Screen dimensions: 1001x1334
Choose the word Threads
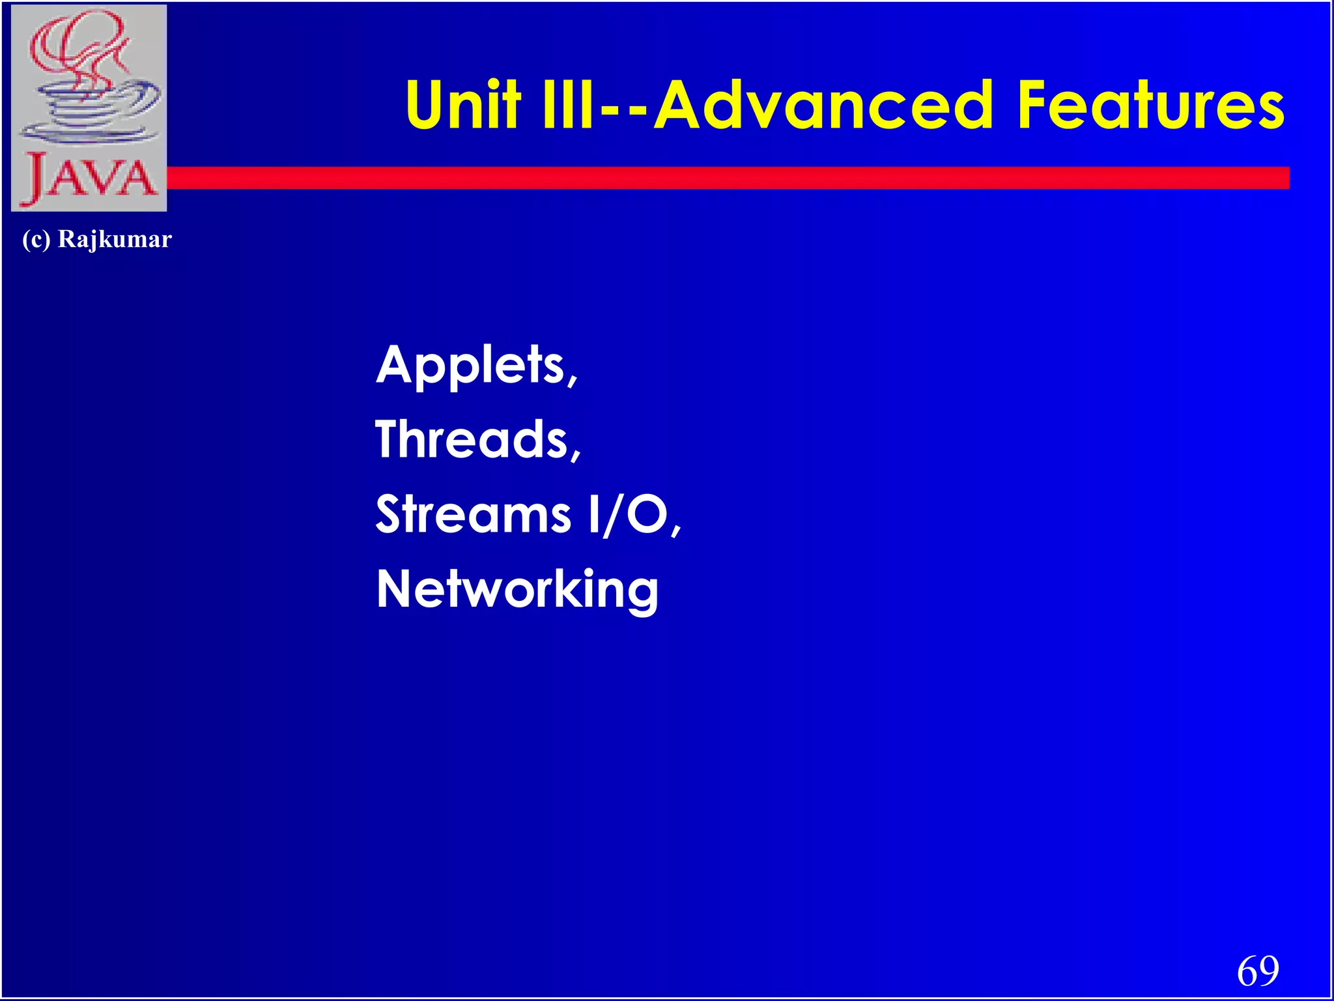(x=472, y=439)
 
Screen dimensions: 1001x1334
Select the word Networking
(x=517, y=589)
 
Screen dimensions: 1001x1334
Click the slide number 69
(x=1258, y=970)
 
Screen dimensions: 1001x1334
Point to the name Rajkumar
(x=115, y=239)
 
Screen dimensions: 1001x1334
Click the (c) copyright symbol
(x=36, y=239)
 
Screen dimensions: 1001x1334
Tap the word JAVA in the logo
(x=90, y=178)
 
